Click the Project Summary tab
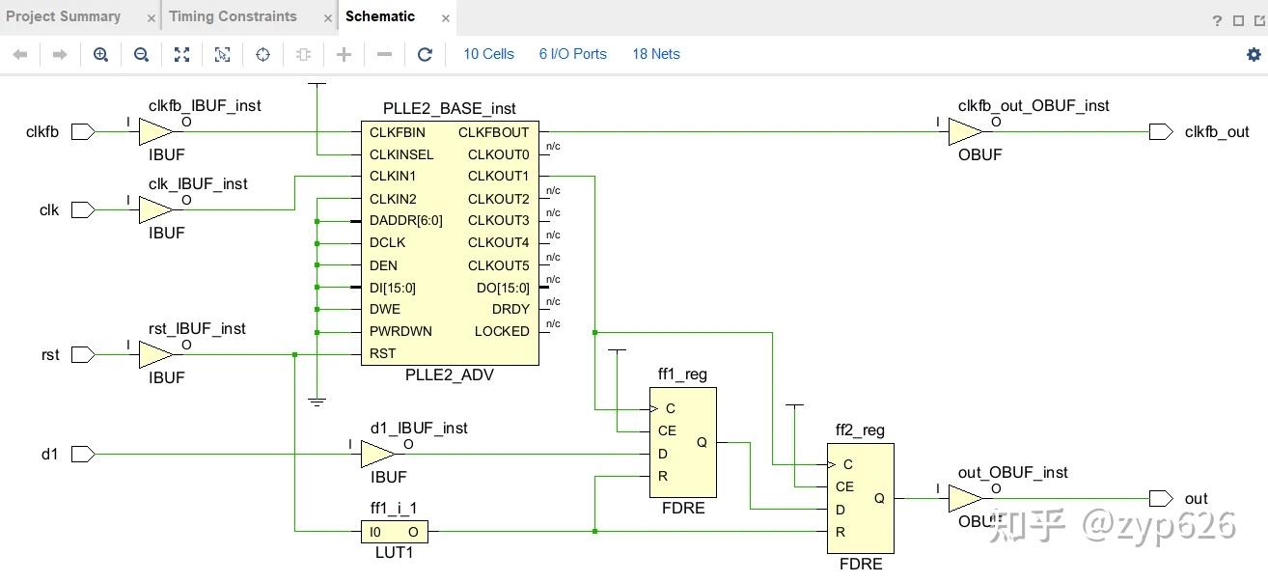point(63,16)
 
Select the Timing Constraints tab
point(233,16)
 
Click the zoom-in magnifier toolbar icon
point(100,54)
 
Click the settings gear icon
point(1254,54)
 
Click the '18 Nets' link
point(656,54)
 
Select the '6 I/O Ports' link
point(572,54)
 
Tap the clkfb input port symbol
point(83,132)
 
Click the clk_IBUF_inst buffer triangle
point(154,209)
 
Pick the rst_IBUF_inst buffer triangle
point(154,354)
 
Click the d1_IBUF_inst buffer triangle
point(376,454)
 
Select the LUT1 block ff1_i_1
point(394,532)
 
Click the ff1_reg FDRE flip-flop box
point(682,442)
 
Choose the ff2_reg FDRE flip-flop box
point(860,498)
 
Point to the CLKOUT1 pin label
point(498,177)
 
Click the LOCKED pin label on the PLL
point(502,331)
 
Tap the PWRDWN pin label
point(400,331)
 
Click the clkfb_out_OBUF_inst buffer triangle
point(964,132)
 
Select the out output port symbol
point(1161,499)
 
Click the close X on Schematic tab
point(445,17)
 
